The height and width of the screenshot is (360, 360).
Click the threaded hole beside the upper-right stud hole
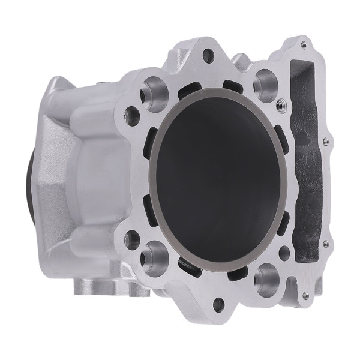tap(280, 106)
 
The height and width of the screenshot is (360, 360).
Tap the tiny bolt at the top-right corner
tap(304, 44)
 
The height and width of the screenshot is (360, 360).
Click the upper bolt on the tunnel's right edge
tap(326, 142)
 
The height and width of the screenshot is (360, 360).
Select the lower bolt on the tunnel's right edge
tap(326, 243)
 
